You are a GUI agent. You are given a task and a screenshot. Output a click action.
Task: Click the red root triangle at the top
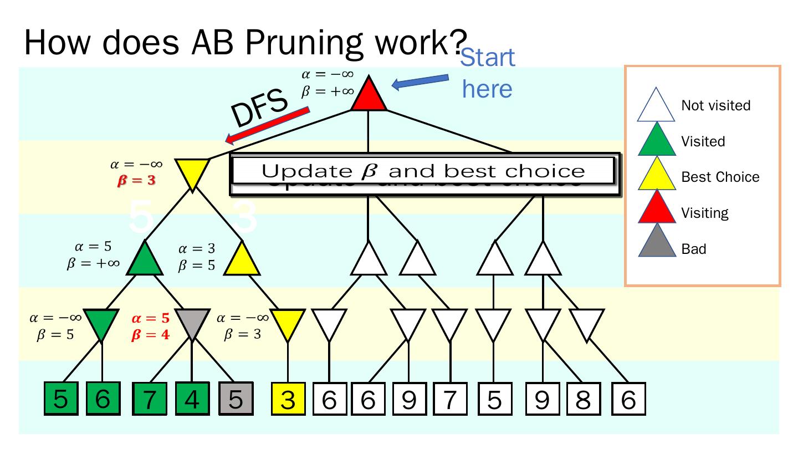point(369,95)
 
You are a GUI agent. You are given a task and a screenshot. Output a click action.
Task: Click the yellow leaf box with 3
point(288,400)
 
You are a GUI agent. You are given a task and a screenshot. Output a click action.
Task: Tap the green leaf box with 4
point(192,400)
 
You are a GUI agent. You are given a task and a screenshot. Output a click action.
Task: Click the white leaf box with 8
point(583,400)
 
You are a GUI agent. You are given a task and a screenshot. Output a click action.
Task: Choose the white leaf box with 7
point(449,400)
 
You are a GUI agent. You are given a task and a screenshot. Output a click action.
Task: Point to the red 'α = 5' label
point(150,319)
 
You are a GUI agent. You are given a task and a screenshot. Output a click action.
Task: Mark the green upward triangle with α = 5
point(145,260)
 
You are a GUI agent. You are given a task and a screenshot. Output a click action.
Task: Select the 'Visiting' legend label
point(705,213)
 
